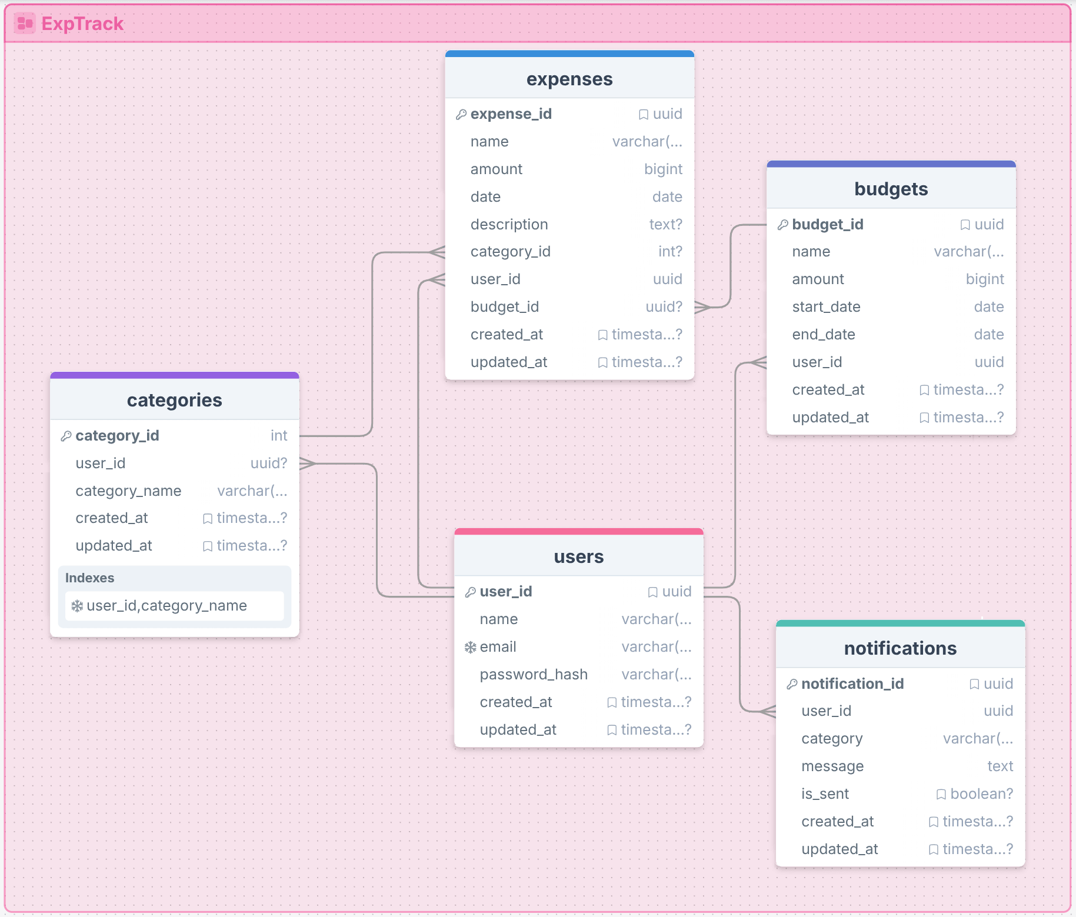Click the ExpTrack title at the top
click(x=82, y=24)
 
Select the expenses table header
click(x=569, y=79)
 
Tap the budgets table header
click(x=891, y=189)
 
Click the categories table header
click(x=174, y=400)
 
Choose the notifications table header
click(x=900, y=648)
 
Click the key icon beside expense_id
click(x=461, y=114)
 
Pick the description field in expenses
click(x=509, y=224)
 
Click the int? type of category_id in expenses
click(x=670, y=252)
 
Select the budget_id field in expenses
click(x=504, y=307)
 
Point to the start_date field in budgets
click(x=826, y=307)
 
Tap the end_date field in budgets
click(x=823, y=335)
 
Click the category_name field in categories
click(x=128, y=491)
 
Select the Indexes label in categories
click(x=89, y=578)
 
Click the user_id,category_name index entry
click(x=166, y=606)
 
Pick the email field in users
click(x=498, y=647)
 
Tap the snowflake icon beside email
click(x=470, y=647)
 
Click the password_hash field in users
click(x=533, y=675)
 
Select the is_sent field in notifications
click(x=825, y=794)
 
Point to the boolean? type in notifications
click(x=981, y=794)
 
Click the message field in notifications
click(x=832, y=766)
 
